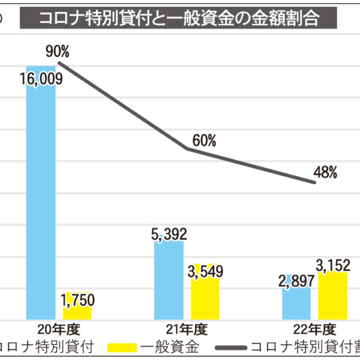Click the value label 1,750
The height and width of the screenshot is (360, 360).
(77, 299)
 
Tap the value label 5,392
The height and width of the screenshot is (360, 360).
(169, 234)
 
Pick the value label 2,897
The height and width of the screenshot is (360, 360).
(296, 281)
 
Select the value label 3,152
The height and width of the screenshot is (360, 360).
(333, 264)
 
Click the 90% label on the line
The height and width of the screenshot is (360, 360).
(58, 52)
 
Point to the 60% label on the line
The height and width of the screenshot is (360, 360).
(204, 140)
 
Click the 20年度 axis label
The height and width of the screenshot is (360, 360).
(58, 329)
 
